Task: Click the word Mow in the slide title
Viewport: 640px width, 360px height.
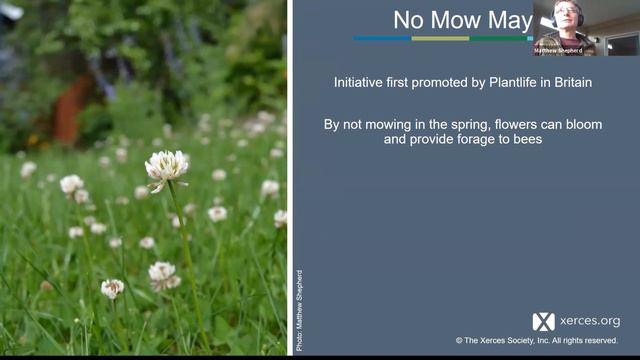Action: point(459,20)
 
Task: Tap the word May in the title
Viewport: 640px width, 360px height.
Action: point(510,20)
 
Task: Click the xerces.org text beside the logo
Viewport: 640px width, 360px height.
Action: point(589,321)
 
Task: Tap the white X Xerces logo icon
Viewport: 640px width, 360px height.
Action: point(543,321)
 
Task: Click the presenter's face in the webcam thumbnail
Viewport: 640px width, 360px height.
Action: point(566,17)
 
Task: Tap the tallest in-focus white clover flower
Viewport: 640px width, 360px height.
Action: point(166,167)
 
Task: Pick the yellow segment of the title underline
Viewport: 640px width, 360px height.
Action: point(440,38)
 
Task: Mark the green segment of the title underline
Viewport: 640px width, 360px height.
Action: point(499,38)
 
